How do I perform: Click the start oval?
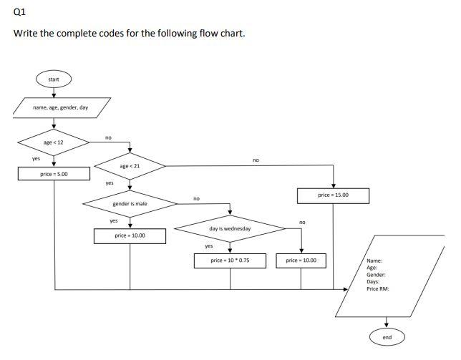54,79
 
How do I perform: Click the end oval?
387,337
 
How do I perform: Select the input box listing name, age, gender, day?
61,107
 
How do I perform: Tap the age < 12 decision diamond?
54,142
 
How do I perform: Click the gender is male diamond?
130,204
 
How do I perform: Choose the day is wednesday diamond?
230,228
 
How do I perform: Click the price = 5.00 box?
54,174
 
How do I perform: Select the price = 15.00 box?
334,195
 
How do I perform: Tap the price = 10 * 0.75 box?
230,261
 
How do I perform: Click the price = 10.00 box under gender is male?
130,235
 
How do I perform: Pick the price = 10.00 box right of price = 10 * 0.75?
301,261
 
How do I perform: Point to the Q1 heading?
20,11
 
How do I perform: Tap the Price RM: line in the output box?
378,288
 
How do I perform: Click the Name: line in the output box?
374,261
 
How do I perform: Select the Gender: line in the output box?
377,275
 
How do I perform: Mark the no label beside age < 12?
108,137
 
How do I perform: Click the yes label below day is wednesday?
209,246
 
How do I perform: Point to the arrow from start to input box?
54,92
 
